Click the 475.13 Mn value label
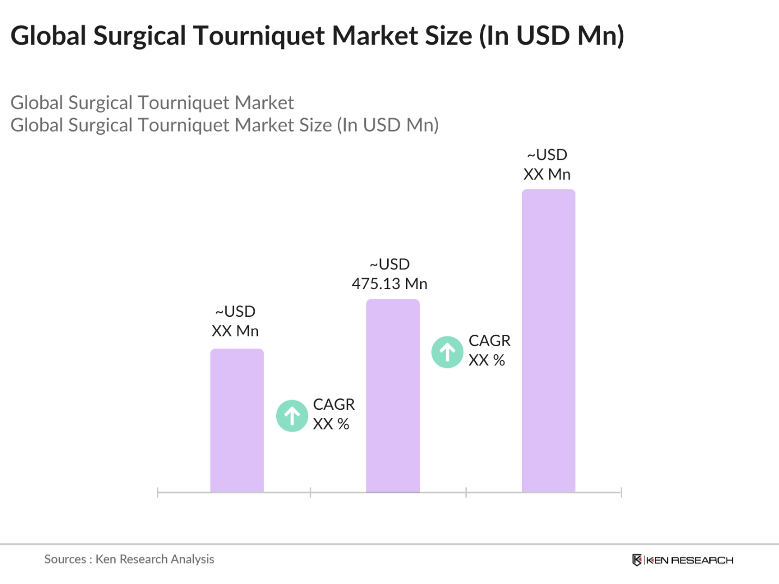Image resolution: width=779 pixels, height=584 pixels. (389, 284)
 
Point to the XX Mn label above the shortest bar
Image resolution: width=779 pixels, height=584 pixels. (235, 331)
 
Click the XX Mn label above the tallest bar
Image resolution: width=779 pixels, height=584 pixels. (547, 174)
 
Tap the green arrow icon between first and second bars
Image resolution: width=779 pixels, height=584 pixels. (292, 416)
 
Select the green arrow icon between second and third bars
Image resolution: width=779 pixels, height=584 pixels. (447, 352)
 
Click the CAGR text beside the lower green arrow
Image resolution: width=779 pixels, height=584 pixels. (334, 404)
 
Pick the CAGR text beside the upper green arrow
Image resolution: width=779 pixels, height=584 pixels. (489, 341)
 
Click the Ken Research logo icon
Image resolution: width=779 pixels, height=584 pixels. (636, 560)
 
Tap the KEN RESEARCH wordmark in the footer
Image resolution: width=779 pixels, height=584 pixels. (690, 560)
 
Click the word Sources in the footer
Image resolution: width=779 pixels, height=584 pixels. (65, 559)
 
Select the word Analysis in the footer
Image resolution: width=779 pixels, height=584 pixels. (192, 559)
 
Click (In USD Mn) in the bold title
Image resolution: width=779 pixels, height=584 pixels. (551, 36)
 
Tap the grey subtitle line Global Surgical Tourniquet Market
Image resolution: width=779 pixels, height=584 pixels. (152, 102)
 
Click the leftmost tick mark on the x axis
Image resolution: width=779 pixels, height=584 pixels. (157, 493)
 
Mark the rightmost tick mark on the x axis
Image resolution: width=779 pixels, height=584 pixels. (621, 493)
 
